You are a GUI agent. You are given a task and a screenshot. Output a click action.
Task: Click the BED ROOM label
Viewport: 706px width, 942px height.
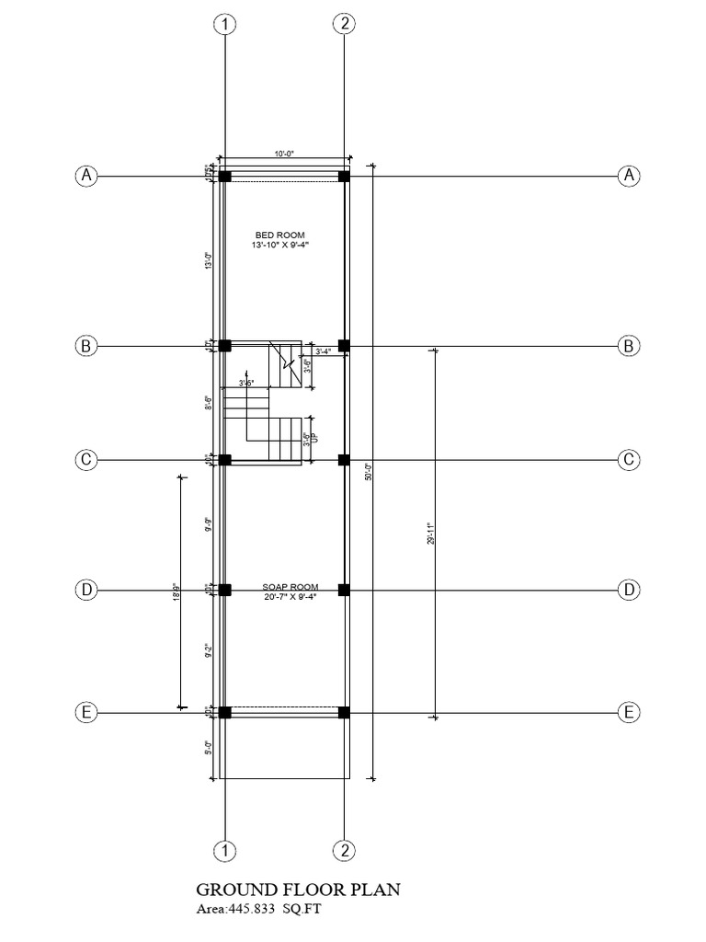(280, 235)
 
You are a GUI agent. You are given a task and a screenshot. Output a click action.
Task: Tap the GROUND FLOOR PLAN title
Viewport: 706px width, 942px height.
(299, 890)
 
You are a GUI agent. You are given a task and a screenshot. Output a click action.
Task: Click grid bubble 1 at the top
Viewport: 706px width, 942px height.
(224, 25)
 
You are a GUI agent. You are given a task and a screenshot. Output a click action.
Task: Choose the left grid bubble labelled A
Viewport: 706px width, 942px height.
(85, 175)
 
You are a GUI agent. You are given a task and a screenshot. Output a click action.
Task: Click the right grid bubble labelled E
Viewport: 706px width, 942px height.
(629, 712)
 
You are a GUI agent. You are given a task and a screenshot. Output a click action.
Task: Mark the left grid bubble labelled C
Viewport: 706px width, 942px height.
(85, 459)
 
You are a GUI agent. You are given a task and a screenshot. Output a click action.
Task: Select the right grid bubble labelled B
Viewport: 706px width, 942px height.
(629, 346)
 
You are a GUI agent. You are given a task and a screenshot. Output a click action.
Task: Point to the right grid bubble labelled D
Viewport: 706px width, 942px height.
(629, 590)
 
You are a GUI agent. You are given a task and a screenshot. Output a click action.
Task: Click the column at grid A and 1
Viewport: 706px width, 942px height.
(224, 176)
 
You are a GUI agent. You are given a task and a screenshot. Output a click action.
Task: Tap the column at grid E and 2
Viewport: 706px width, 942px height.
(343, 712)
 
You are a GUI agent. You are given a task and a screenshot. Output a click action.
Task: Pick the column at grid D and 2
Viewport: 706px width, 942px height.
(343, 590)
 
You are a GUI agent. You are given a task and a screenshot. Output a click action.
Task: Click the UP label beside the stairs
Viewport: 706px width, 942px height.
(314, 441)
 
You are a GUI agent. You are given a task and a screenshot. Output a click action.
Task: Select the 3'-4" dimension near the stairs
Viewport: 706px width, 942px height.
(324, 351)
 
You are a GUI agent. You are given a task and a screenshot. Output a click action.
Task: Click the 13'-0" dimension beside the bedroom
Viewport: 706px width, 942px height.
(211, 260)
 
